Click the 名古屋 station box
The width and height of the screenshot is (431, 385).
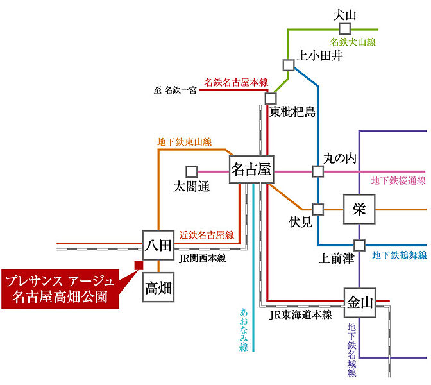[251, 170]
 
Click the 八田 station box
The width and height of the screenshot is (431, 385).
[158, 244]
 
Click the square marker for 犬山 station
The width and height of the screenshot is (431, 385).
[346, 29]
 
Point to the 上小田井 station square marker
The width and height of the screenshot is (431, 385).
[288, 64]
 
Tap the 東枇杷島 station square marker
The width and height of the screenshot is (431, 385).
[271, 99]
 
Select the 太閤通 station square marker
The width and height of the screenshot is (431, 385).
[191, 171]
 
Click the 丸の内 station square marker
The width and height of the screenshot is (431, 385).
[317, 171]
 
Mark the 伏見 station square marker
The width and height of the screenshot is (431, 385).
[317, 209]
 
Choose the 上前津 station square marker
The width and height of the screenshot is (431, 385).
[359, 245]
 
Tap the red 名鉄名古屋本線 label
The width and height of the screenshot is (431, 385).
[235, 82]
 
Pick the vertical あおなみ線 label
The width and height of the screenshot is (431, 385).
[244, 329]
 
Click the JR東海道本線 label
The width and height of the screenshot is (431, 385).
[300, 314]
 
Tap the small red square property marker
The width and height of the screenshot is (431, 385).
[138, 264]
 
